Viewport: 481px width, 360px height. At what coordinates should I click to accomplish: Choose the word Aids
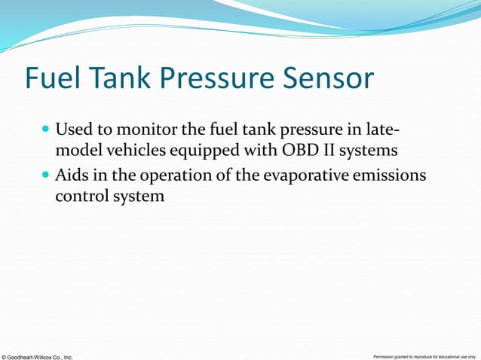(72, 175)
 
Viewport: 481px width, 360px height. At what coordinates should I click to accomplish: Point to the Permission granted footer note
(424, 355)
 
